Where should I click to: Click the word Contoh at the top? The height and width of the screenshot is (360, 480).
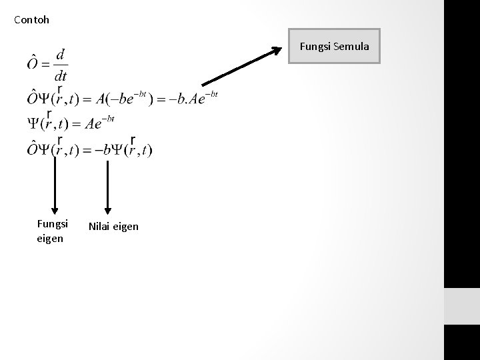31,20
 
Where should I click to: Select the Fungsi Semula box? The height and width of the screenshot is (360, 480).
334,46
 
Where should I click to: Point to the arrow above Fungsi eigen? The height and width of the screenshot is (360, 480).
55,187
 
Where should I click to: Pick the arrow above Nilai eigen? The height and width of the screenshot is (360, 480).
107,187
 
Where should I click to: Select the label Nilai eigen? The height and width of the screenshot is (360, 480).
113,227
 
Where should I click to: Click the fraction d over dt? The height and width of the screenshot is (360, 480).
61,64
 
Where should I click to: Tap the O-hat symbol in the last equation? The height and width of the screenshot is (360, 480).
33,149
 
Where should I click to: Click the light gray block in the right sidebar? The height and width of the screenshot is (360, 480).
461,307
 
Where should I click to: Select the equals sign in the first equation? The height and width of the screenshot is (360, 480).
45,64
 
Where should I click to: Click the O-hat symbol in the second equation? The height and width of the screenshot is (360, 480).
33,99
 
